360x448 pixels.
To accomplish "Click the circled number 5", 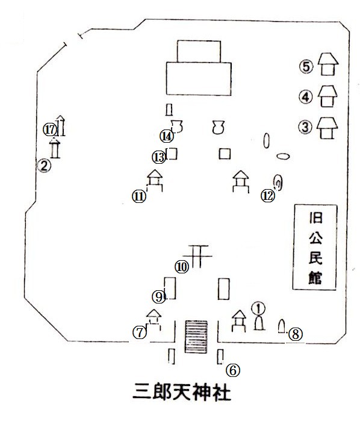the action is [306, 67].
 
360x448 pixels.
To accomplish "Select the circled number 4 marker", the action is [306, 98].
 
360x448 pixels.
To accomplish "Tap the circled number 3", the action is [305, 127].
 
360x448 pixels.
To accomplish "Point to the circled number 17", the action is [50, 130].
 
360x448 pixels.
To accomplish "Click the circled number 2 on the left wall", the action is [44, 166].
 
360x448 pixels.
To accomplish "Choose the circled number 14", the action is [167, 136].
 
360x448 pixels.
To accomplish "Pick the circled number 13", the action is [159, 157].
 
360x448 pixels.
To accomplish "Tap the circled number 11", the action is [139, 197].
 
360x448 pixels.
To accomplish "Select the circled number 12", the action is [268, 196].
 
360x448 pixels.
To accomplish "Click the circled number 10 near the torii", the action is [182, 267].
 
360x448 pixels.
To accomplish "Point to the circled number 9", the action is [158, 297].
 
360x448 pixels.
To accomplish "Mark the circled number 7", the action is [140, 332].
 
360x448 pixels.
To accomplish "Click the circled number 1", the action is [258, 308].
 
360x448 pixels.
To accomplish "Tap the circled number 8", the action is [296, 334].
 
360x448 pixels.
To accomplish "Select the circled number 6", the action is [233, 370].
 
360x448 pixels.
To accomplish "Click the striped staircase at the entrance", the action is [196, 337].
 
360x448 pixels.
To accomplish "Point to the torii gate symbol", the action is [197, 256].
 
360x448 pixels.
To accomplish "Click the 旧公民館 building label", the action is [315, 247].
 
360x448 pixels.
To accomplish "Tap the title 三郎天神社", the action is [182, 392].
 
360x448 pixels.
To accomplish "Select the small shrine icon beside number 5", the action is [328, 64].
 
